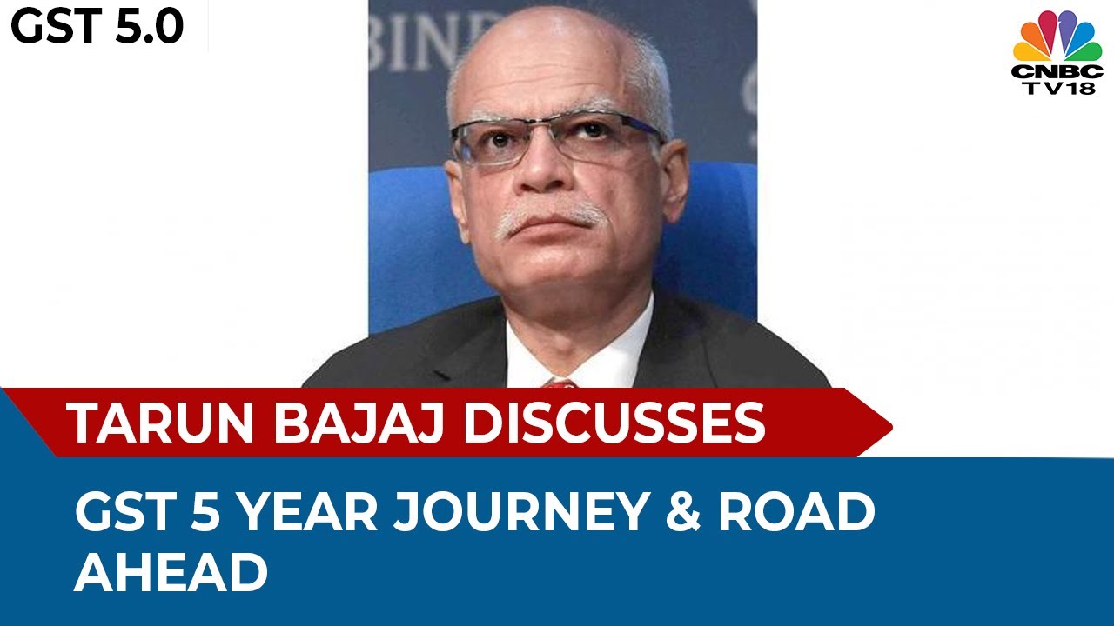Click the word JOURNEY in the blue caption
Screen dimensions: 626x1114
522,513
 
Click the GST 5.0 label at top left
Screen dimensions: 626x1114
97,26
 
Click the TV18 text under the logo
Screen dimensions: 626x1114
1057,88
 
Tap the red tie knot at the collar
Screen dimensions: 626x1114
560,383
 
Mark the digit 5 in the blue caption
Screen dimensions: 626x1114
199,513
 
